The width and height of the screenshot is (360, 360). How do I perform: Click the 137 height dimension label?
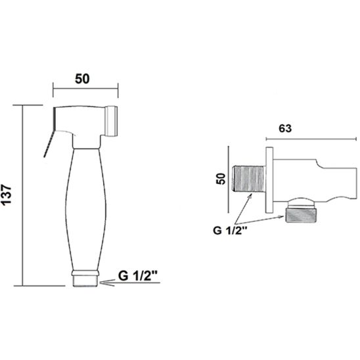[x=7, y=194]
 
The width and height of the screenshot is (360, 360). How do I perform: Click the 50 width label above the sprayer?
[x=82, y=79]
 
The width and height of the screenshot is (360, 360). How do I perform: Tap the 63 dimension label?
[x=285, y=128]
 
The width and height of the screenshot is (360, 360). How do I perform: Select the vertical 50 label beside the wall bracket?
[x=221, y=179]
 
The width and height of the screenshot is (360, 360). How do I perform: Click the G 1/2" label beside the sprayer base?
[x=138, y=276]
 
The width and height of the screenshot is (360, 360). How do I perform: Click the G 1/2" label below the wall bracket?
[x=231, y=231]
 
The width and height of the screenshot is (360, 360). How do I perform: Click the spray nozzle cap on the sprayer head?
[x=112, y=121]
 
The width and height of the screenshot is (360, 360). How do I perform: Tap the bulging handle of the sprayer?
[x=86, y=209]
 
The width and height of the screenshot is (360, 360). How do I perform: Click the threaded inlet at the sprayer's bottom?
[x=86, y=281]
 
